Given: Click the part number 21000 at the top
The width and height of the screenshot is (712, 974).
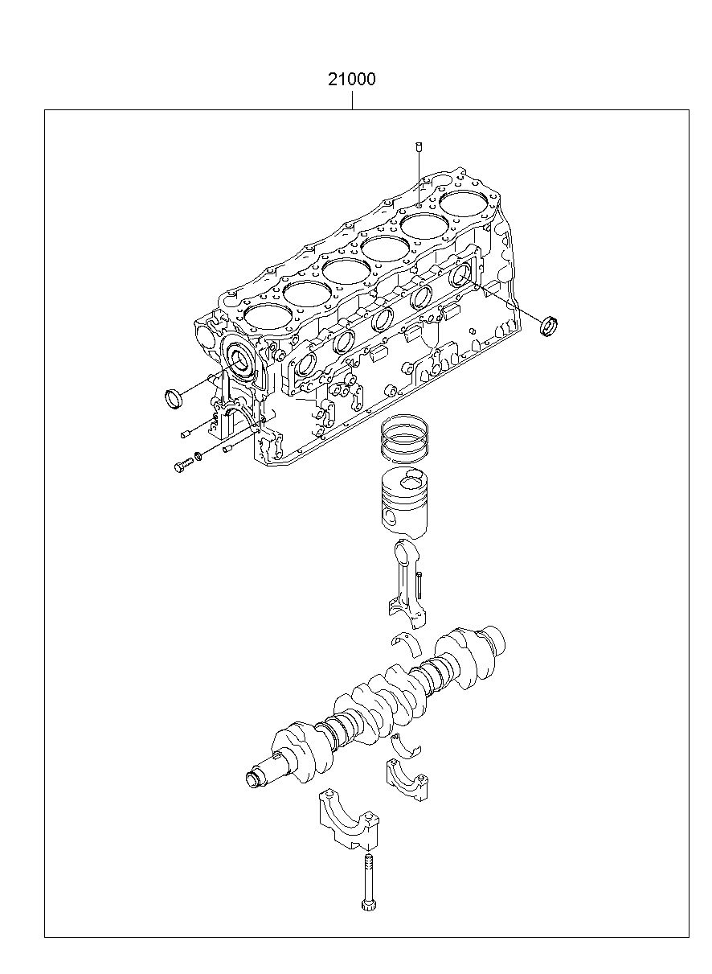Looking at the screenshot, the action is [x=351, y=80].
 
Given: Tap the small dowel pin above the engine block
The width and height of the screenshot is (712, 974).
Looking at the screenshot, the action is [x=419, y=146].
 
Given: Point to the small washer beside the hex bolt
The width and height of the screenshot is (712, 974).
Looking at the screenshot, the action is [x=198, y=456].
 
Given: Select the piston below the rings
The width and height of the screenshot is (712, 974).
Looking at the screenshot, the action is [x=404, y=503].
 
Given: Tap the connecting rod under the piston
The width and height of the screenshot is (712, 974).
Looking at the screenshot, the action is [x=407, y=585].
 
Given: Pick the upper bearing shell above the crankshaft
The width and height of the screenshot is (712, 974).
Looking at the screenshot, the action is [x=406, y=643].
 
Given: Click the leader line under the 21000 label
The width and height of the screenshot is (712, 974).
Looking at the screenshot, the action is [x=352, y=99].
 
